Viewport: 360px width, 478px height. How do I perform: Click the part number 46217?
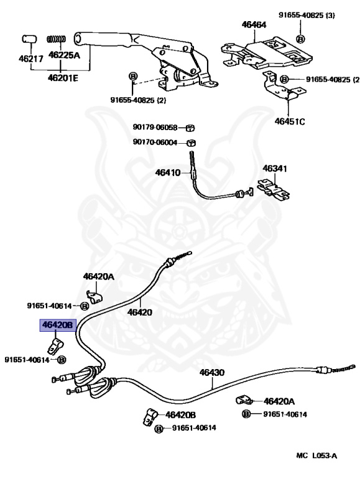coord(30,59)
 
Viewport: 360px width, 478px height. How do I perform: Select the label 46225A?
coord(64,55)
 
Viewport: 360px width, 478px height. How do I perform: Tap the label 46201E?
coord(63,78)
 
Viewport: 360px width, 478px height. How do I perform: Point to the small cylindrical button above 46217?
coord(29,39)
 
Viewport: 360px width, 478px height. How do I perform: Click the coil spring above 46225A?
coord(56,39)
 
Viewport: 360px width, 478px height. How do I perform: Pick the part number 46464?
coord(254,25)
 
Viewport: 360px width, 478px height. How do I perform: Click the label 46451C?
coord(289,121)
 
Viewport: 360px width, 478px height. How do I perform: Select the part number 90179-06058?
coord(155,127)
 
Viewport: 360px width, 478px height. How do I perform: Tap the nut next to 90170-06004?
coord(191,143)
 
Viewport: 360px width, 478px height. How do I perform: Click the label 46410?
coord(167,172)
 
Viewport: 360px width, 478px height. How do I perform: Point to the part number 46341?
coord(275,168)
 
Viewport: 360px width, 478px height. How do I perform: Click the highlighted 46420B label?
coord(57,326)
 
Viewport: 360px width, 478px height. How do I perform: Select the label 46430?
coord(211,372)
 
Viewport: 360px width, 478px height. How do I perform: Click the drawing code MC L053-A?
coord(316,456)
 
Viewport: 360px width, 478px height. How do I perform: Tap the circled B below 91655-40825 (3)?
coord(300,39)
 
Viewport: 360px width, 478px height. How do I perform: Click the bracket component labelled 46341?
coord(273,190)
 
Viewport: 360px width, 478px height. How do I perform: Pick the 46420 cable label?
coord(140,312)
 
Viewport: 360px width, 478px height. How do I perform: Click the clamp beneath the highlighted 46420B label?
coord(55,347)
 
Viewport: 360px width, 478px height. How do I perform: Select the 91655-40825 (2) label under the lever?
coord(138,100)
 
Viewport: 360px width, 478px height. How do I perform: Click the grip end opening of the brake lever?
coord(77,39)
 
